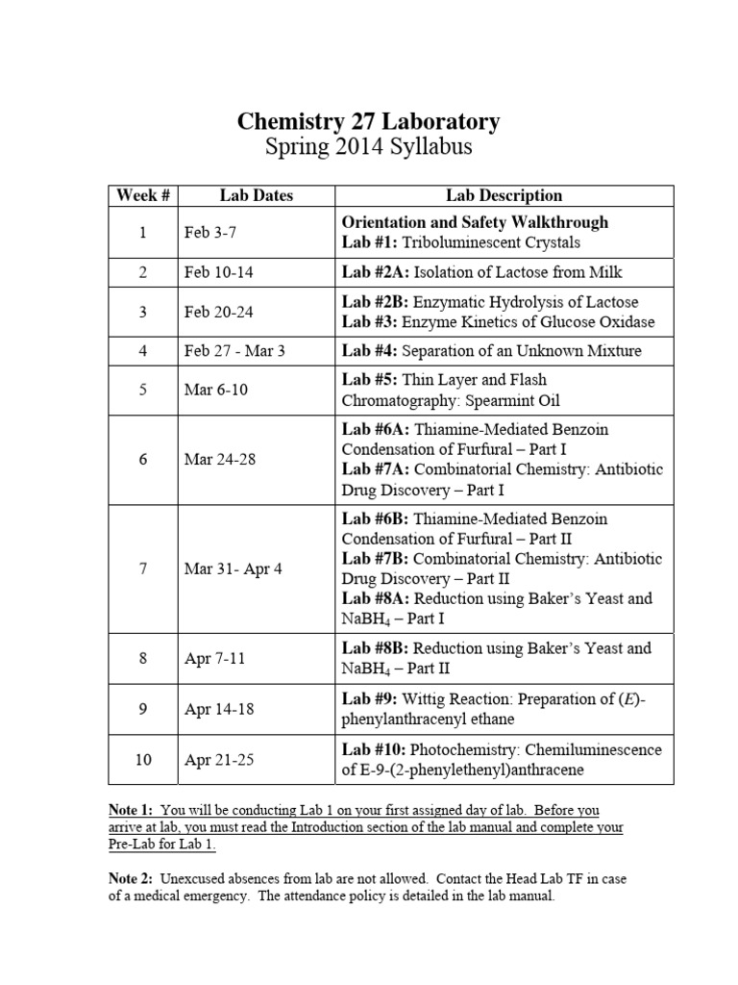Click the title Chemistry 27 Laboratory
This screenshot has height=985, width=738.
point(368,122)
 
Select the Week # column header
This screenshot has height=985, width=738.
point(143,195)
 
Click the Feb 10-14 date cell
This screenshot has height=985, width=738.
point(218,272)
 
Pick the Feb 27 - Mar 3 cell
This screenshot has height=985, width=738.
point(234,351)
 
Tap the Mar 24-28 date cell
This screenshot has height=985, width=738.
point(219,459)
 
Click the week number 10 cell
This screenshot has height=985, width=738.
point(143,760)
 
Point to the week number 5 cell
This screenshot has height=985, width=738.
point(143,391)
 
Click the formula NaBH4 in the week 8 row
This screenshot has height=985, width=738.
point(364,669)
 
